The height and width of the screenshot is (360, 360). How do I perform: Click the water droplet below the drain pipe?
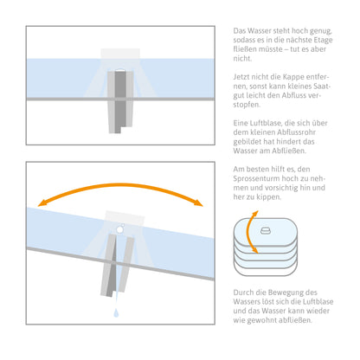(116, 313)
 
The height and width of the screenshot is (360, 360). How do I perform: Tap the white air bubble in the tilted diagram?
(119, 229)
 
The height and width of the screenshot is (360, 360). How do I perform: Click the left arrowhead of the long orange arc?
(42, 202)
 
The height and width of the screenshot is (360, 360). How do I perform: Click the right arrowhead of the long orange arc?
(198, 202)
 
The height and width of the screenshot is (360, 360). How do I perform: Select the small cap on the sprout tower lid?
(266, 230)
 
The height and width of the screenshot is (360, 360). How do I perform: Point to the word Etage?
(322, 40)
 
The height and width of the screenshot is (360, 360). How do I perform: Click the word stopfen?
(247, 105)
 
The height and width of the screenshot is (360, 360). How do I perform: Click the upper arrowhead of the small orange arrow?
(255, 214)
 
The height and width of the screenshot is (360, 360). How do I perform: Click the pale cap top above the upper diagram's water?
(120, 54)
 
